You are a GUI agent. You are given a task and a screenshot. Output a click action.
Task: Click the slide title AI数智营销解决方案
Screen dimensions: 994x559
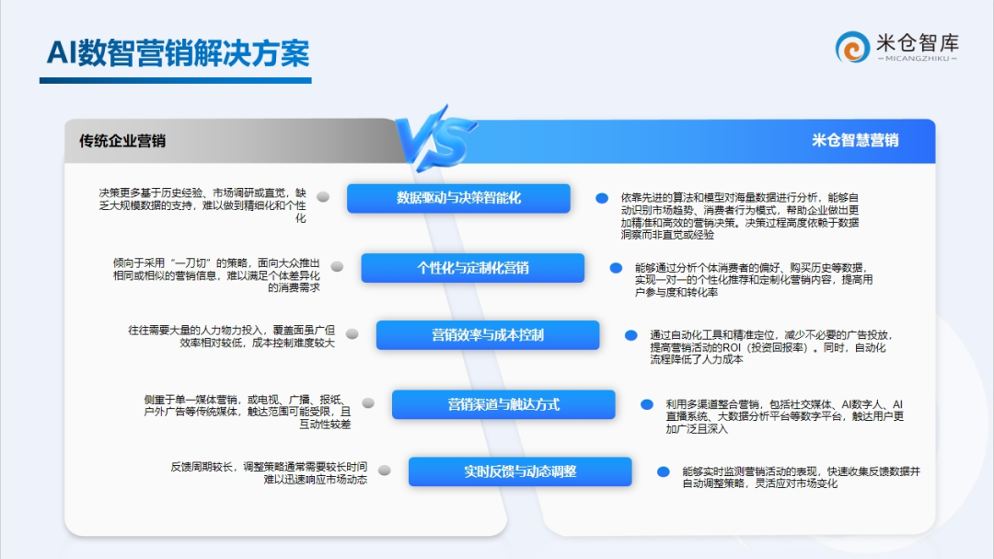point(179,52)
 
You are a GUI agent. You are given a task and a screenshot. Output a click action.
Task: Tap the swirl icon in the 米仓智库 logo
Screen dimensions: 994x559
point(852,47)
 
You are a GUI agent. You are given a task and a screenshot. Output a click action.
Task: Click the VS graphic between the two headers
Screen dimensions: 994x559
point(436,138)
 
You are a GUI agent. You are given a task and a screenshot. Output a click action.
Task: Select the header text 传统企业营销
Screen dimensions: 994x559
point(122,141)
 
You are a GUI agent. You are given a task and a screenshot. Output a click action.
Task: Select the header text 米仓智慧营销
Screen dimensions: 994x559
point(855,140)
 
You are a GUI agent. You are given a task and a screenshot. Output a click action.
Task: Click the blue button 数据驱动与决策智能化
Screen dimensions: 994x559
point(458,198)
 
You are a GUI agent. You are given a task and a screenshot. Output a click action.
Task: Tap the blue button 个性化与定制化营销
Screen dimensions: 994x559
point(473,268)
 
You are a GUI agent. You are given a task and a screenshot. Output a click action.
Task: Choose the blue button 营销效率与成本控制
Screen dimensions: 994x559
point(488,335)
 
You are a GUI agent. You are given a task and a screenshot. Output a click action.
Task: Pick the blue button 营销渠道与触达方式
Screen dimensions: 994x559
point(503,404)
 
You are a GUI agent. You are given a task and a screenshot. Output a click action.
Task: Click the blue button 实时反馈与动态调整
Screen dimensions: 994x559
point(520,472)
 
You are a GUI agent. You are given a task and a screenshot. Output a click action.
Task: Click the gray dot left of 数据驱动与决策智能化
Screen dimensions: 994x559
point(323,197)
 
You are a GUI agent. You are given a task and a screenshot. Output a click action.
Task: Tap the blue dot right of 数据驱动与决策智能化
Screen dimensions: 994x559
point(602,199)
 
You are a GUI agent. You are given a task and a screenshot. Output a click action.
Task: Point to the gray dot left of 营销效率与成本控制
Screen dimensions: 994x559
point(352,333)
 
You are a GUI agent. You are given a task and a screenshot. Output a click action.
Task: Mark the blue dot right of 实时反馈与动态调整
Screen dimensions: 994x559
point(663,472)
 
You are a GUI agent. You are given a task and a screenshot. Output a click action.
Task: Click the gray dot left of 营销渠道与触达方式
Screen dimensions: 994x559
point(367,403)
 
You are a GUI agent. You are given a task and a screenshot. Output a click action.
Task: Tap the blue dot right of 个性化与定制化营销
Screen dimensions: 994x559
point(616,268)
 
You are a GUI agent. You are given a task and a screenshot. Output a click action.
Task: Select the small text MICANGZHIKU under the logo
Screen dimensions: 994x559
point(918,58)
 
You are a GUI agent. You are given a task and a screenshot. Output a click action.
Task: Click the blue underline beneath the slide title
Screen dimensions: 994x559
point(176,81)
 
